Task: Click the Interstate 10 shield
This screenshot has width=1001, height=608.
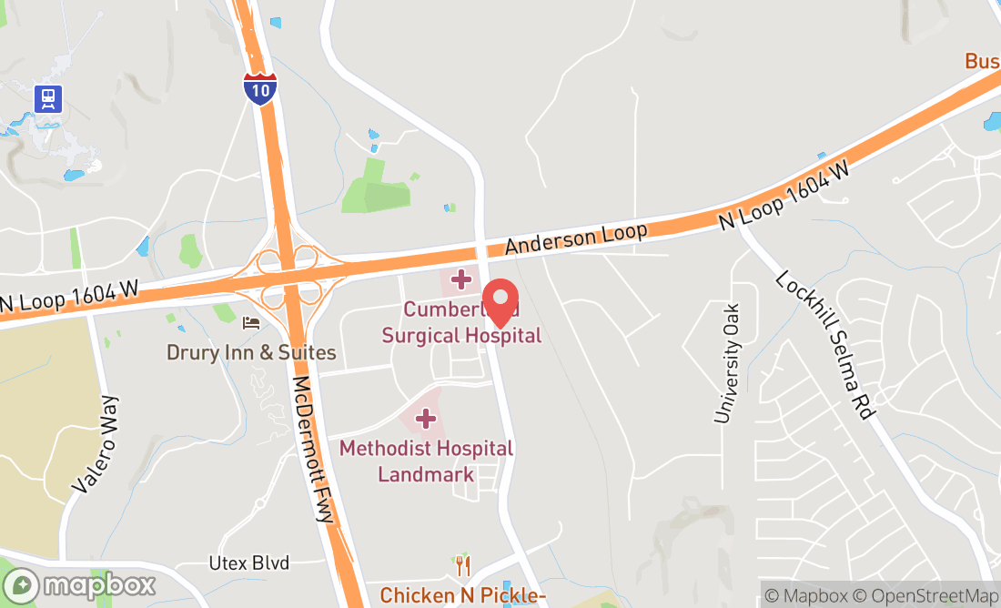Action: click(x=260, y=88)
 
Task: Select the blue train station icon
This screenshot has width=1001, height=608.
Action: click(x=47, y=98)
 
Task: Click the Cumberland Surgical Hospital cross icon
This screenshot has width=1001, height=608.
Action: click(x=461, y=278)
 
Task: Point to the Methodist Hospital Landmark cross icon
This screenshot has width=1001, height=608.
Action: click(x=425, y=419)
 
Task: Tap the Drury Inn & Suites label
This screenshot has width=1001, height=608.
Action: click(x=251, y=352)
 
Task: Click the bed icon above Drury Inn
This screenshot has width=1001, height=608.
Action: click(x=250, y=322)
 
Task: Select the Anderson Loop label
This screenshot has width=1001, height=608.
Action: click(x=576, y=238)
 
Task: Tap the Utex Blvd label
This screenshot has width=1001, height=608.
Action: click(x=248, y=563)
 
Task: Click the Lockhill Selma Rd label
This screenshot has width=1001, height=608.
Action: click(x=824, y=344)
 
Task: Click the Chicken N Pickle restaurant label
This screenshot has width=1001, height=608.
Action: click(x=462, y=595)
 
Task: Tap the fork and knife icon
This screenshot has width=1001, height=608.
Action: click(x=463, y=566)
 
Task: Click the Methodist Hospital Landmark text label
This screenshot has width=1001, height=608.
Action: click(x=426, y=461)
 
